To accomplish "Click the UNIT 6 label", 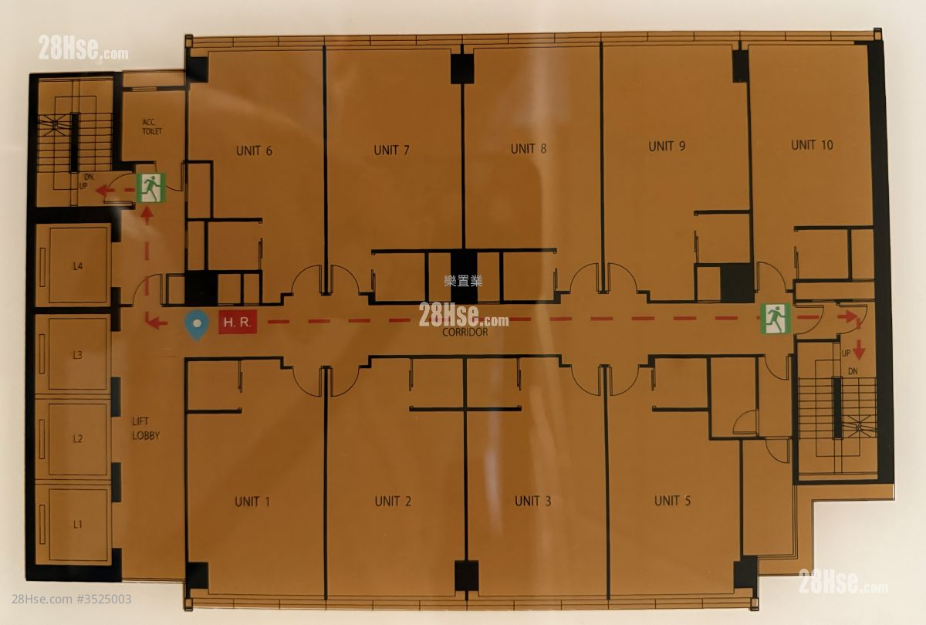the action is coord(254,151).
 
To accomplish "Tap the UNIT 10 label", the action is coord(812,145).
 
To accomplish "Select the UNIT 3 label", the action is coord(533,502).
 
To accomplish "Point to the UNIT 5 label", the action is coord(673,501).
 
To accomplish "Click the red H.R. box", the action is coord(238,322).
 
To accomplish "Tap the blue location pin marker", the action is coord(196,325).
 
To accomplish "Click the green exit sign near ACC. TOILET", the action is coord(151,187).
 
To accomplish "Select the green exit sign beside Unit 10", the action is coord(776,319).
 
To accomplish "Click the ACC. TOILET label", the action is coord(152,127).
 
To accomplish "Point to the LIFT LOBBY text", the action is coord(146,429).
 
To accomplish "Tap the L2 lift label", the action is coord(78,438).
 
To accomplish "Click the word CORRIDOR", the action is coord(465,332).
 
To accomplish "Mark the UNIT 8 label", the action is coord(529,149).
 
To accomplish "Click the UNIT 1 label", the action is coord(252,502).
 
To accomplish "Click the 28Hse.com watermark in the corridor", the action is coord(464,315).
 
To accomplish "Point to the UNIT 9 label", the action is coord(667,147).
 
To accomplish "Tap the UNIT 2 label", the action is coord(393,502).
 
